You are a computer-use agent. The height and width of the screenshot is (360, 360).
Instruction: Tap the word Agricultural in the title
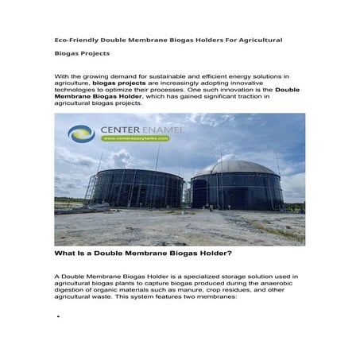pos(254,39)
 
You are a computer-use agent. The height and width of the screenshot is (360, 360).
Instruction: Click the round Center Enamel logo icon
pos(81,133)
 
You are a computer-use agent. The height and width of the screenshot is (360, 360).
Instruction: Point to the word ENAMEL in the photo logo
pos(161,129)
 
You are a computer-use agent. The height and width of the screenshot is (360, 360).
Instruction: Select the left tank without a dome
pos(136,188)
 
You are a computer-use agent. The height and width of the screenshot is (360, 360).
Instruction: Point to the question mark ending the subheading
pos(230,254)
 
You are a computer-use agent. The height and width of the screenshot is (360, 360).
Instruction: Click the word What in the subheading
pos(65,254)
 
